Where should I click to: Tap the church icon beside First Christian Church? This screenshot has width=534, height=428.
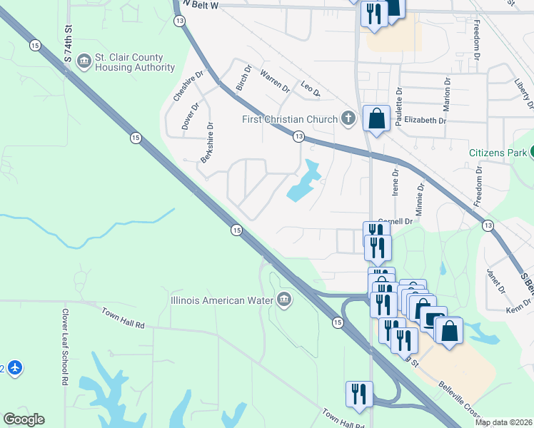pos(348,118)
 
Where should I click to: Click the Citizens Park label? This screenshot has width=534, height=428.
pos(497,153)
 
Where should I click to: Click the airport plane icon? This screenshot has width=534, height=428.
pos(15,368)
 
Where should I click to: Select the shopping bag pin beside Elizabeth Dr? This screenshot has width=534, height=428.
pos(376,118)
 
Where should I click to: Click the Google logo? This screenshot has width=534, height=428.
pos(24,419)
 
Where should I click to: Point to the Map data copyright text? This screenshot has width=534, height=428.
pos(503,422)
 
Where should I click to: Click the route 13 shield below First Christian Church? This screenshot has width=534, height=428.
pos(298,136)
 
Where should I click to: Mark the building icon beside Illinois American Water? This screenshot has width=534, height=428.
pos(283,300)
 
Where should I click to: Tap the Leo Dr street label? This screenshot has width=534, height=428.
pos(311,89)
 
